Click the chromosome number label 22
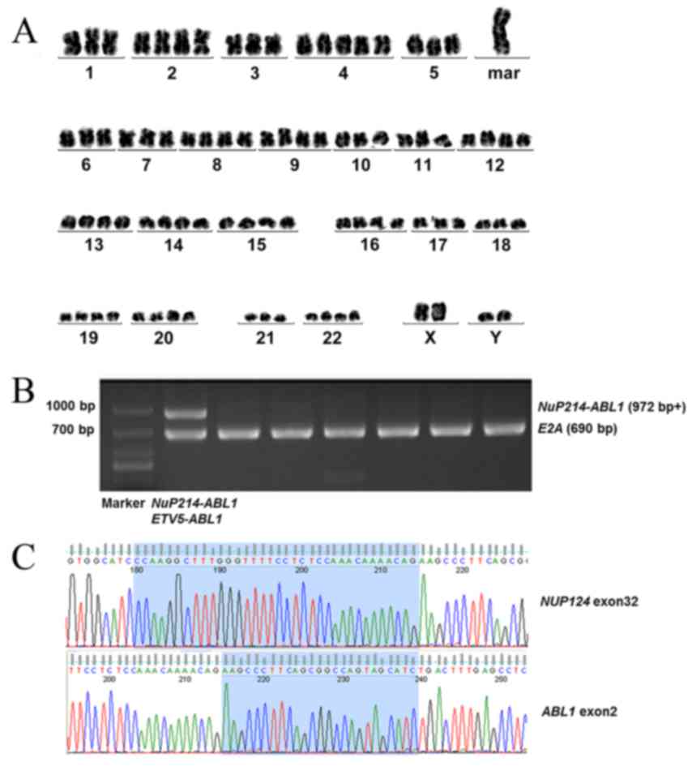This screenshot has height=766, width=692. (332, 339)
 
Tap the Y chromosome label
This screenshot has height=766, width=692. (494, 339)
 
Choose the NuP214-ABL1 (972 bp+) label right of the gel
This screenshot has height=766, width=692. (613, 408)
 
